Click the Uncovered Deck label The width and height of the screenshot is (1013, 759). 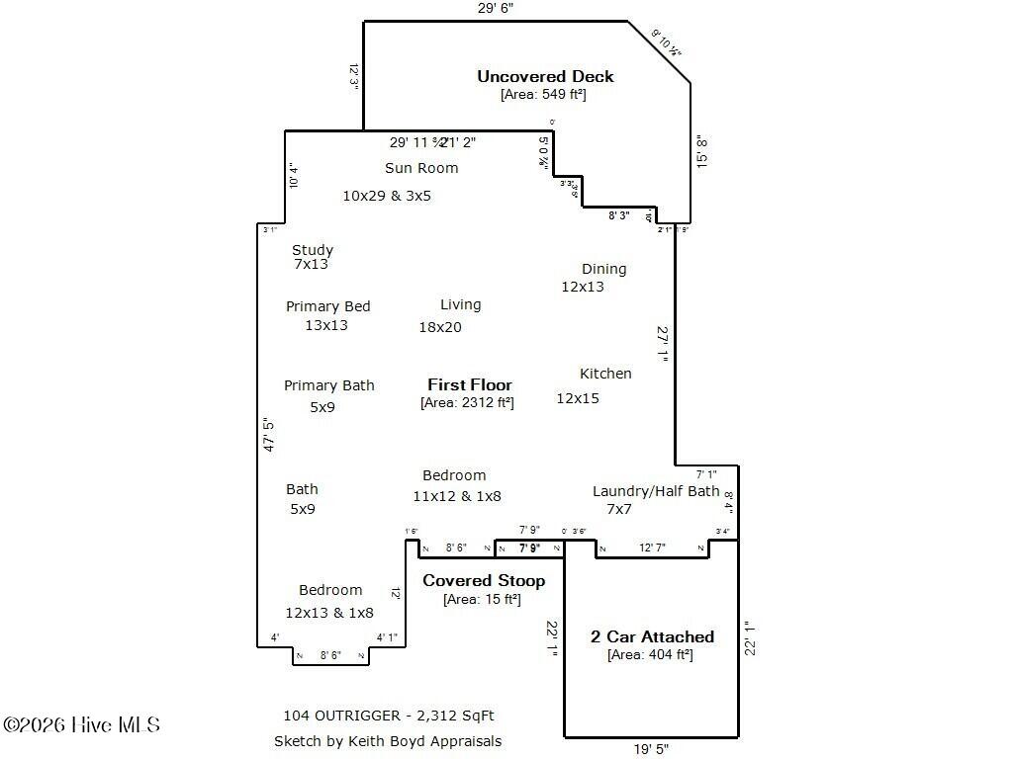[x=545, y=76]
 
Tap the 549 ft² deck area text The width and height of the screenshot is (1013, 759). [x=543, y=95]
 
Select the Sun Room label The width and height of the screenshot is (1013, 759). [x=421, y=168]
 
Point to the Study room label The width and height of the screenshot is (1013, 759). [x=313, y=250]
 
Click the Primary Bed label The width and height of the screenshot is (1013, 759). [x=328, y=306]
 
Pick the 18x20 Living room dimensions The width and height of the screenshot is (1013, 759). [x=440, y=327]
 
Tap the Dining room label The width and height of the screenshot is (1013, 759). [x=603, y=269]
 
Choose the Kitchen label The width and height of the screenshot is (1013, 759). [x=605, y=374]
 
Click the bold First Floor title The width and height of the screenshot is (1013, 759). [x=470, y=384]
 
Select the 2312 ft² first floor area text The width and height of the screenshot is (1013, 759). [x=467, y=402]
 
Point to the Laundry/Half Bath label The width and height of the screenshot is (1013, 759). [x=656, y=491]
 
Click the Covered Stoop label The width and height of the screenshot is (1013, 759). [x=484, y=580]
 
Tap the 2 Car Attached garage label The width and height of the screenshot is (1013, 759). [x=652, y=636]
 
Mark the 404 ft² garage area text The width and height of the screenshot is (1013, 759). [x=650, y=654]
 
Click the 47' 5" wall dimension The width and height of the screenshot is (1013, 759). [x=268, y=434]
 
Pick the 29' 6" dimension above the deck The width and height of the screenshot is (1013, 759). [x=496, y=8]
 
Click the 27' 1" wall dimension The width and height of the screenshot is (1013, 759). [x=664, y=345]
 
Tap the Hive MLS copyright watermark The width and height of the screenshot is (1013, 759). [x=81, y=725]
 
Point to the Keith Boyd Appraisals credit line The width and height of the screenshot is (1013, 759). [x=388, y=741]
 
